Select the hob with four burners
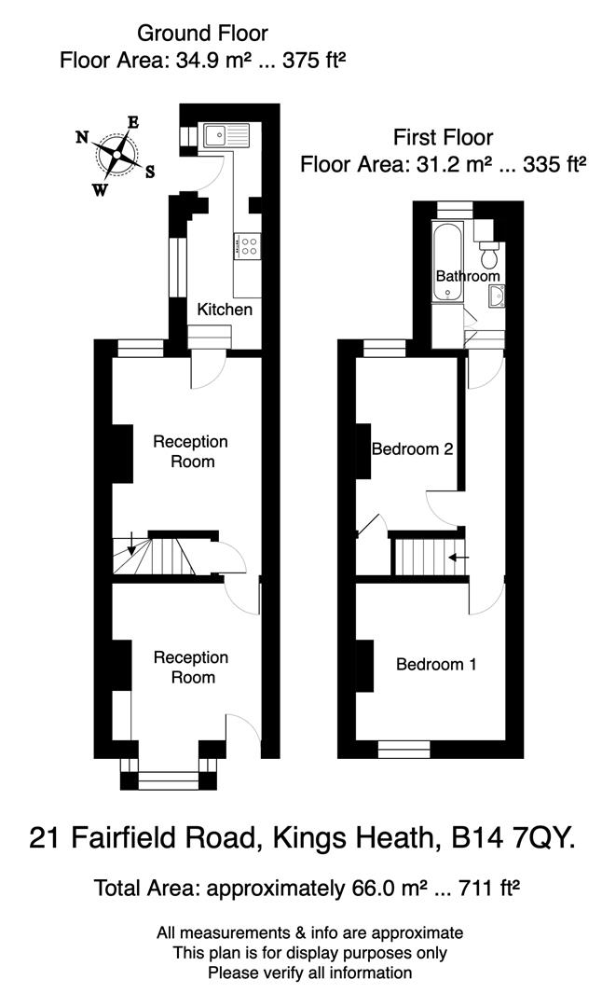tap(249, 246)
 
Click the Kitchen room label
tap(224, 309)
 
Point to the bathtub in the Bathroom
tap(449, 262)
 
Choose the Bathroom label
tap(468, 276)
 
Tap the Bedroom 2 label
tap(412, 449)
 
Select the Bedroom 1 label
tap(436, 665)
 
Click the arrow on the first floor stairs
tap(458, 558)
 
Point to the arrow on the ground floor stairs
tap(131, 543)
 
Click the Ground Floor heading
tap(202, 34)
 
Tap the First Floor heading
tap(443, 138)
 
